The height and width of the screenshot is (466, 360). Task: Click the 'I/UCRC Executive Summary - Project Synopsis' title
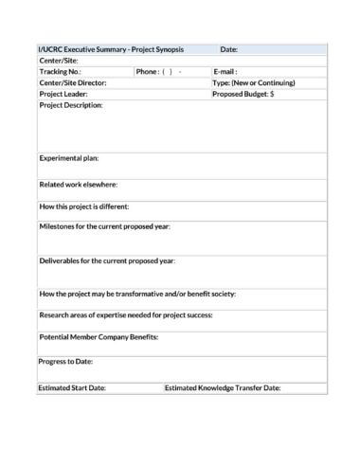pyautogui.click(x=110, y=49)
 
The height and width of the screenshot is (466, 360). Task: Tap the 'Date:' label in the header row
pyautogui.click(x=228, y=49)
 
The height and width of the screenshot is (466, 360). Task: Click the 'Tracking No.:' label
pyautogui.click(x=60, y=71)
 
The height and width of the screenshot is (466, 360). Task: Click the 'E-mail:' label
pyautogui.click(x=225, y=71)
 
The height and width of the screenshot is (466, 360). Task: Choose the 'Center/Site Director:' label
pyautogui.click(x=72, y=82)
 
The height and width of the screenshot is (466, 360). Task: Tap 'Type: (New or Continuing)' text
pyautogui.click(x=254, y=82)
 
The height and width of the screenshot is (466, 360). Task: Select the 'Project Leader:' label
pyautogui.click(x=63, y=94)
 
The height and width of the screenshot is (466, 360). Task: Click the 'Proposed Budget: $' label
pyautogui.click(x=243, y=94)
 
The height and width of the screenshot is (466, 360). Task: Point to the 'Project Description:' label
pyautogui.click(x=70, y=105)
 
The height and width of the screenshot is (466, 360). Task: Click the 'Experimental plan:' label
pyautogui.click(x=68, y=158)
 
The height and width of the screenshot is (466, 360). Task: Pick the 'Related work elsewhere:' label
pyautogui.click(x=78, y=184)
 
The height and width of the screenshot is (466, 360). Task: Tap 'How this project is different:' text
pyautogui.click(x=84, y=206)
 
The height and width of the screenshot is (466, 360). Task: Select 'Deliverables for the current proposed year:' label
pyautogui.click(x=106, y=260)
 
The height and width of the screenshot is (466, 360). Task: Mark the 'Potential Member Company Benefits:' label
pyautogui.click(x=98, y=337)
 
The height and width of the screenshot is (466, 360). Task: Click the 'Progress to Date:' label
pyautogui.click(x=65, y=361)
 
